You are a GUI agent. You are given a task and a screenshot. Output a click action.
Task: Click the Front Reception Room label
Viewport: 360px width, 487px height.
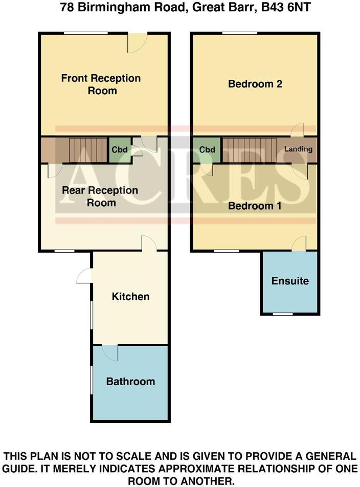click(101, 84)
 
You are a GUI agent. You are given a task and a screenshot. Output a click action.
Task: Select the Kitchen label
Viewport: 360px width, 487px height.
click(131, 297)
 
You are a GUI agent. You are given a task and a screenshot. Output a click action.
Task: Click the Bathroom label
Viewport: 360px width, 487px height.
click(130, 382)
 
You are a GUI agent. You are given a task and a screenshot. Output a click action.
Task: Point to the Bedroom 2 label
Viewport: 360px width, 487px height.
click(255, 84)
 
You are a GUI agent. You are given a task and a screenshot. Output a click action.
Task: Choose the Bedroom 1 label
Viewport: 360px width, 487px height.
click(255, 206)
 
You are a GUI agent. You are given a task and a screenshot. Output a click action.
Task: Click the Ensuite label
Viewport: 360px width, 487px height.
click(290, 281)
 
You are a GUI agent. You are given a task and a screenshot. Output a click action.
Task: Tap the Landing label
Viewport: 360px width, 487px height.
click(298, 150)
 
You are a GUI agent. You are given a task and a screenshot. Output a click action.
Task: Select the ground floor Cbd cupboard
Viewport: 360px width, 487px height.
click(119, 150)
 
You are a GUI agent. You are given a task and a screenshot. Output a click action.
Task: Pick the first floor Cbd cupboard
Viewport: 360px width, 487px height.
click(207, 150)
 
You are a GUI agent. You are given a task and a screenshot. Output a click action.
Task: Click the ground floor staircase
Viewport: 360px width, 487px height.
click(88, 150)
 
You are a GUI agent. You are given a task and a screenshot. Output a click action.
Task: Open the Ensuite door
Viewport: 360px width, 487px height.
click(299, 244)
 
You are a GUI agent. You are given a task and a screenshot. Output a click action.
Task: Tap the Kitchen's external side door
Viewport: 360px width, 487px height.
click(84, 276)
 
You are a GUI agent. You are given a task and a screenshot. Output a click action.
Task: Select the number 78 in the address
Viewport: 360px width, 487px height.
click(66, 8)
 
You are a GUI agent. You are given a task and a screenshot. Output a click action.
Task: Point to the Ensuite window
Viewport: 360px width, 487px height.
click(282, 314)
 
